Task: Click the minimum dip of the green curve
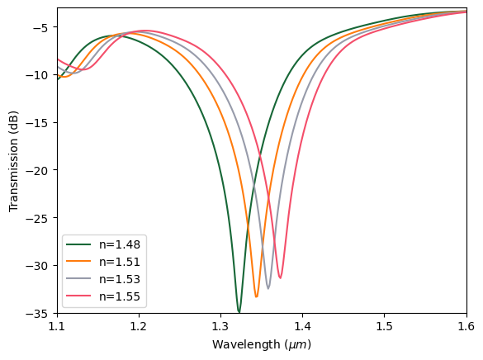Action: pyautogui.click(x=239, y=312)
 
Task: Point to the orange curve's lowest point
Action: pyautogui.click(x=257, y=296)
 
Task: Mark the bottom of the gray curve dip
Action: pyautogui.click(x=268, y=288)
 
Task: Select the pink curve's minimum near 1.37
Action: pyautogui.click(x=280, y=277)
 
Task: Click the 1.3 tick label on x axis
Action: pyautogui.click(x=220, y=327)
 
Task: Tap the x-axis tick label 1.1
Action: pyautogui.click(x=57, y=327)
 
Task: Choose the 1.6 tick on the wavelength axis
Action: pyautogui.click(x=466, y=327)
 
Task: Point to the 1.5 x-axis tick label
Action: pyautogui.click(x=385, y=327)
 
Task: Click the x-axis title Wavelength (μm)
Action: pyautogui.click(x=262, y=344)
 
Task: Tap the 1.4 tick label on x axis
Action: pyautogui.click(x=302, y=327)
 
